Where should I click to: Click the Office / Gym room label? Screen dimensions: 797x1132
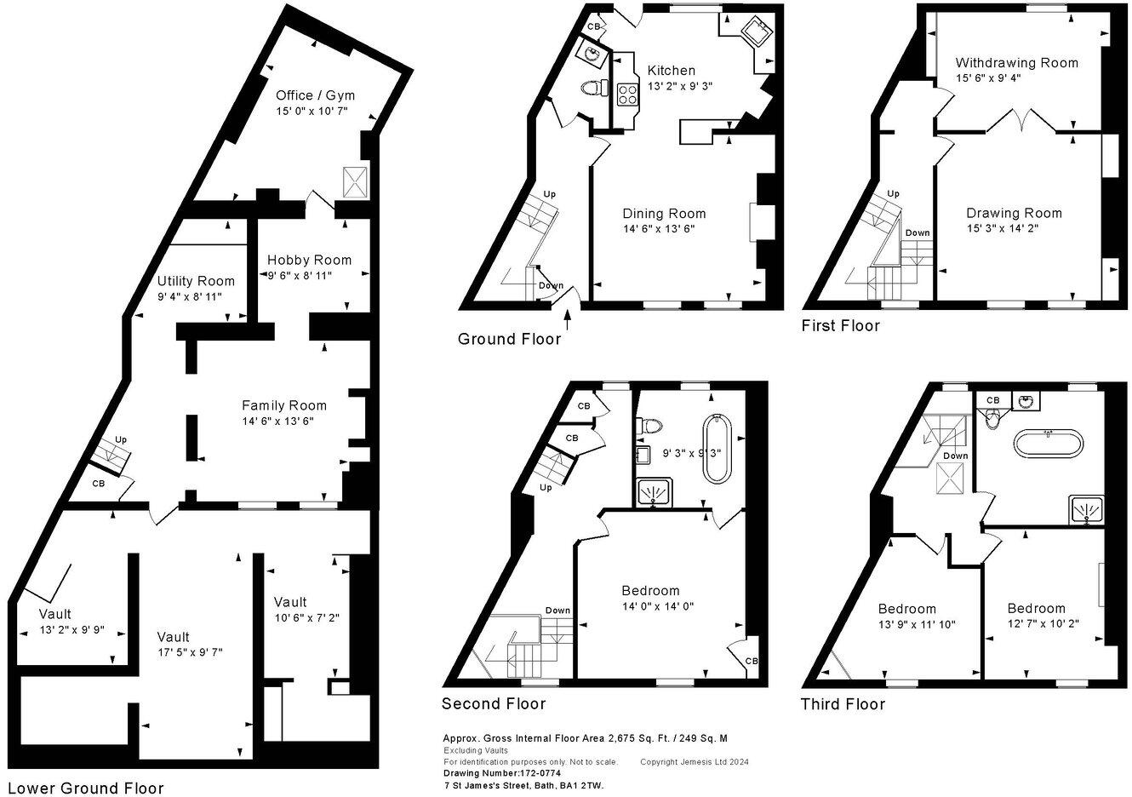tap(315, 95)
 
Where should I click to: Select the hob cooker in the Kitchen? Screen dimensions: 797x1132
tap(628, 93)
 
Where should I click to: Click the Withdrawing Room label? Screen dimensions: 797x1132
tap(1016, 62)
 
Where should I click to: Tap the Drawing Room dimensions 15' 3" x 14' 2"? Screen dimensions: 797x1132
tap(1014, 228)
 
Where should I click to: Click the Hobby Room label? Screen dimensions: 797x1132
tap(309, 260)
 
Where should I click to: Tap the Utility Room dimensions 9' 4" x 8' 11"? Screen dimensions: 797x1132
tap(196, 296)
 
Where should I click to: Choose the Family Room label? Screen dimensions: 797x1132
tap(283, 405)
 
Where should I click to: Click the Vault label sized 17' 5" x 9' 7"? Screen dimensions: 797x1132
tap(173, 637)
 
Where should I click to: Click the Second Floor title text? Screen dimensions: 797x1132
tap(493, 703)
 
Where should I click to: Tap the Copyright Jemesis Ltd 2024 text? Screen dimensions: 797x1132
tap(694, 762)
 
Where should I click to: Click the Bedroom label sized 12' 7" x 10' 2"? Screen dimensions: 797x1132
tap(1036, 608)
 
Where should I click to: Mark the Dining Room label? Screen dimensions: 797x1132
tap(664, 213)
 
